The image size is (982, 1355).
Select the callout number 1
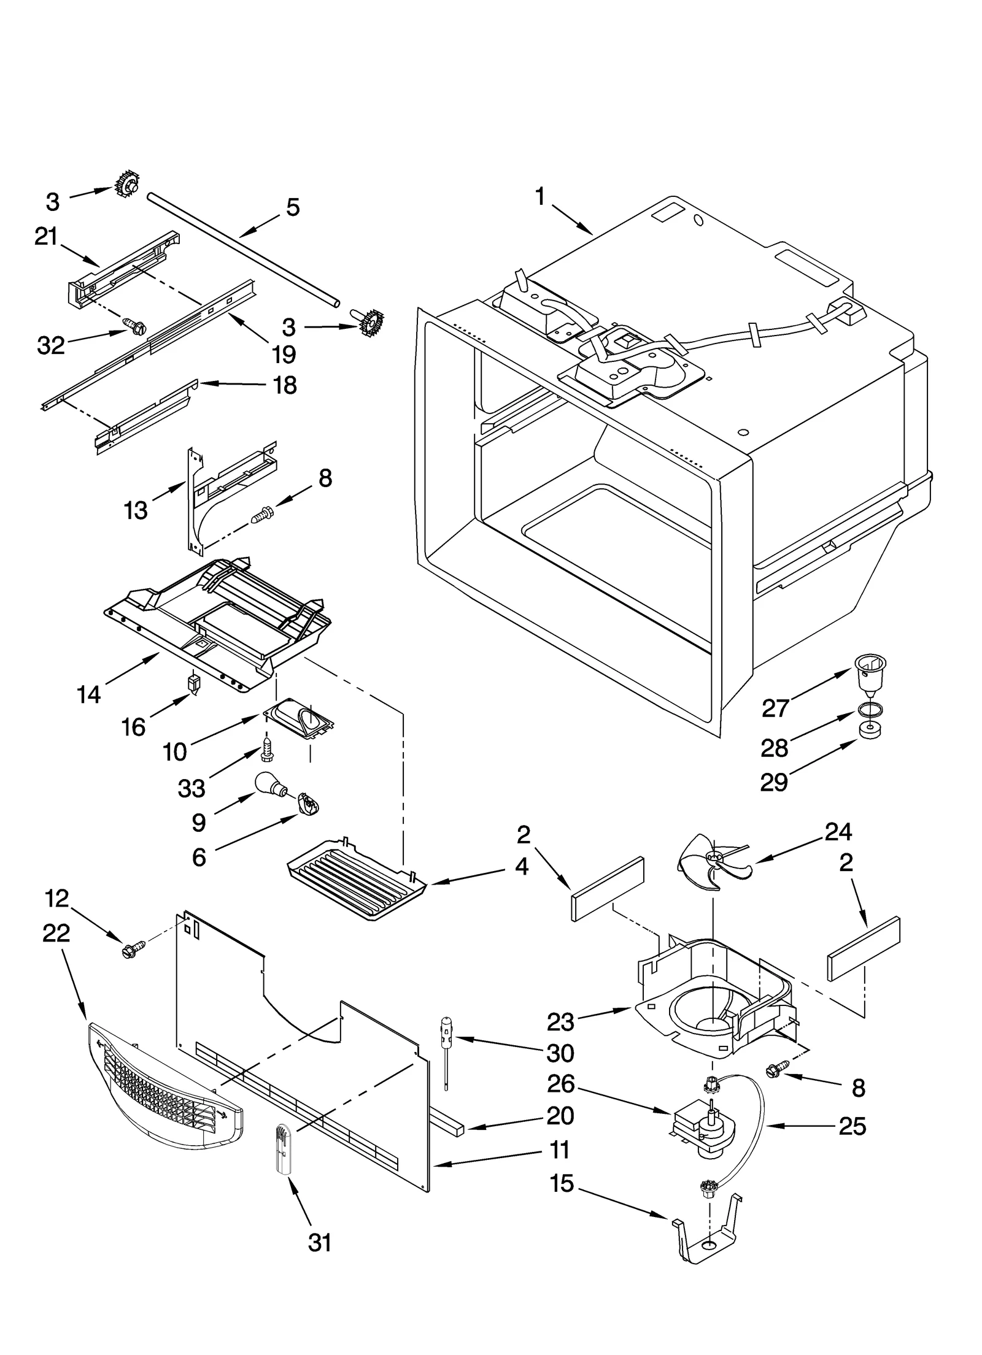click(x=539, y=198)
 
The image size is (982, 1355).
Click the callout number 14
click(x=89, y=694)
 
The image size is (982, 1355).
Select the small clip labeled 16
click(x=194, y=685)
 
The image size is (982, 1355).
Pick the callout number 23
click(x=560, y=1023)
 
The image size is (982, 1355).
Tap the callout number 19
click(x=285, y=354)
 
